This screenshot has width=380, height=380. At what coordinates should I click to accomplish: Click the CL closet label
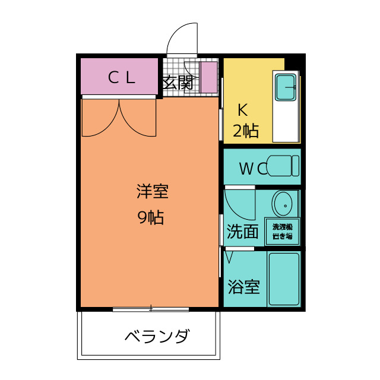point(121,78)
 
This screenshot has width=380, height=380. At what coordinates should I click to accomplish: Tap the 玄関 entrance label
point(178,83)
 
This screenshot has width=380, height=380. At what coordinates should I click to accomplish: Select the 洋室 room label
point(153,192)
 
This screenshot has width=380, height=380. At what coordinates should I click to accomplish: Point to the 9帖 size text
point(150,217)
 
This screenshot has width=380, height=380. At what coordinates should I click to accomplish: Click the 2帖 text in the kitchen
point(246,131)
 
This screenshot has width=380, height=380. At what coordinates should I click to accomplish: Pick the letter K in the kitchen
point(243,110)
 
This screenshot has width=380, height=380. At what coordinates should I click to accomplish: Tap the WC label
point(253,169)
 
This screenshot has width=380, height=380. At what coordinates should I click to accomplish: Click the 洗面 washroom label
point(243,232)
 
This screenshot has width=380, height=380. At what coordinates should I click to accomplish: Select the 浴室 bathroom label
point(244,287)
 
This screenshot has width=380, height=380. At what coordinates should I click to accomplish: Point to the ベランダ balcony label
point(157,336)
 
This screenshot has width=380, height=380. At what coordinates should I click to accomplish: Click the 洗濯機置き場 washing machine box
point(283,232)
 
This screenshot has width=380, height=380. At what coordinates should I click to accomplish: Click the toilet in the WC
point(283,166)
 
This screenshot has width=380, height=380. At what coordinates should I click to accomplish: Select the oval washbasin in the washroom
point(282,204)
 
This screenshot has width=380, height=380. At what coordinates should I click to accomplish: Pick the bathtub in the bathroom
point(284,279)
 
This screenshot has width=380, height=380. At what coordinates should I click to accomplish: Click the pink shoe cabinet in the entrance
point(209,77)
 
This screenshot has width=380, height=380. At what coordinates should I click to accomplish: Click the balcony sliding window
point(151,309)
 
